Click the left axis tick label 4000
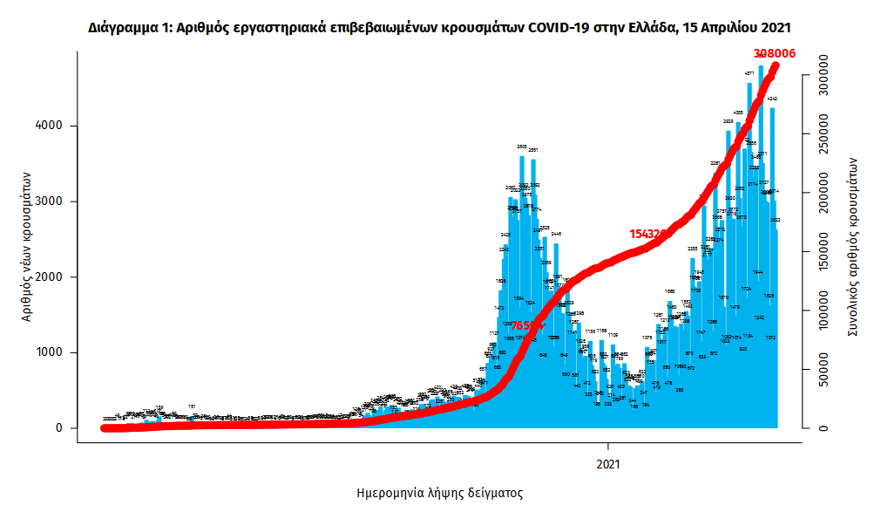pyautogui.click(x=49, y=126)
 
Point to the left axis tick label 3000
pyautogui.click(x=49, y=201)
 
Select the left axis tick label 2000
pyautogui.click(x=49, y=277)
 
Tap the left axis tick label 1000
pyautogui.click(x=49, y=352)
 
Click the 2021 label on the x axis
pyautogui.click(x=607, y=465)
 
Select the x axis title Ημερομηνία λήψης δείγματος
pyautogui.click(x=440, y=493)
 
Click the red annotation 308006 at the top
pyautogui.click(x=774, y=54)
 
